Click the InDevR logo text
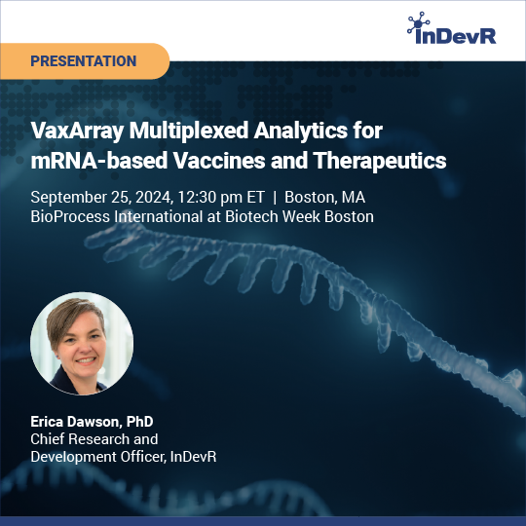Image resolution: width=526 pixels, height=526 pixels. [456, 36]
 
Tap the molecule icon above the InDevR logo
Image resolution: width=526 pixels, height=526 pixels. [418, 22]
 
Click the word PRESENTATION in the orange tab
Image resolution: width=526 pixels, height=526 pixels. [84, 61]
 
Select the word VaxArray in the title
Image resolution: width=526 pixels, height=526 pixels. [77, 131]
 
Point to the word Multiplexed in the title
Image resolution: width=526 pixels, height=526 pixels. [189, 131]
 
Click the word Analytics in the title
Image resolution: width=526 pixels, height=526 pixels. [301, 131]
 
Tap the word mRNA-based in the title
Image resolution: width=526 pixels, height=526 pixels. [99, 161]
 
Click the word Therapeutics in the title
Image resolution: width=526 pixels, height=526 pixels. [380, 162]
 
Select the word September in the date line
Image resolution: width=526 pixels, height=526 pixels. [69, 198]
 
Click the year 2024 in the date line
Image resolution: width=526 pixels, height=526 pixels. [154, 197]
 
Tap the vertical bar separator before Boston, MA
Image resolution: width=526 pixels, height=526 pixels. [275, 197]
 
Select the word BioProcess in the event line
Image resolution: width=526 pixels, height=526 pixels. [70, 216]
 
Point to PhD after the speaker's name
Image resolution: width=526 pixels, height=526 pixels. [140, 422]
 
